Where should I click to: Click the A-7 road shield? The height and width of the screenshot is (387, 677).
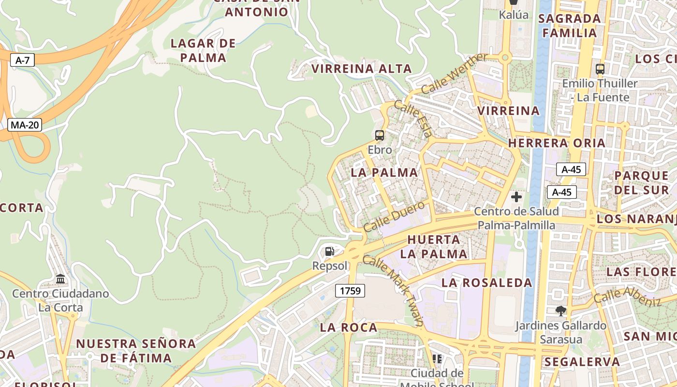(x=23, y=60)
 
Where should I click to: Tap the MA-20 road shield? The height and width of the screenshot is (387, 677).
(x=25, y=125)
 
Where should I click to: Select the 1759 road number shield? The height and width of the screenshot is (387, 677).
(x=350, y=291)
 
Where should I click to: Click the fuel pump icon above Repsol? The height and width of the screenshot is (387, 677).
(x=330, y=251)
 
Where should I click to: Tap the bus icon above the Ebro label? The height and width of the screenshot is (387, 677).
(x=380, y=135)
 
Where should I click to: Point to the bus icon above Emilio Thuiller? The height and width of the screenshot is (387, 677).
(x=600, y=69)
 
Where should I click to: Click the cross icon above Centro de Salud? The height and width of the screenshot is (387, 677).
(x=516, y=197)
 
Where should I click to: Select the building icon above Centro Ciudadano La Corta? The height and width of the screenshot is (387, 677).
(x=60, y=279)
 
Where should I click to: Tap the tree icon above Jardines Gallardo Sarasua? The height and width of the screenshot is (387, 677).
(x=560, y=311)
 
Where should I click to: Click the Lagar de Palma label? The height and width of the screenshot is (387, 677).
(x=203, y=50)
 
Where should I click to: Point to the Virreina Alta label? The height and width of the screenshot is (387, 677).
(x=362, y=69)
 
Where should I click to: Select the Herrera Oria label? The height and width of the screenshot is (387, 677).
(x=557, y=143)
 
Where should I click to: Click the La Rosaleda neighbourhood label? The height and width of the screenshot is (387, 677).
(x=486, y=283)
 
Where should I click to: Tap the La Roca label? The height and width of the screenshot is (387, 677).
(x=349, y=327)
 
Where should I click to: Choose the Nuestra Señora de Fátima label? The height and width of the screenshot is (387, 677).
(x=136, y=351)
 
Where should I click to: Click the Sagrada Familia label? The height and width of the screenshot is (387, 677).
(x=572, y=26)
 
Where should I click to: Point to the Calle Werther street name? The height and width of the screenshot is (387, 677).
(x=455, y=74)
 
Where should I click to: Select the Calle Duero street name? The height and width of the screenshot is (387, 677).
(x=394, y=216)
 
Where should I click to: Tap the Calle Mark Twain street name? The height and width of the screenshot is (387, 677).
(x=393, y=290)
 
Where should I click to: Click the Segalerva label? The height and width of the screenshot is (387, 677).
(x=582, y=362)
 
